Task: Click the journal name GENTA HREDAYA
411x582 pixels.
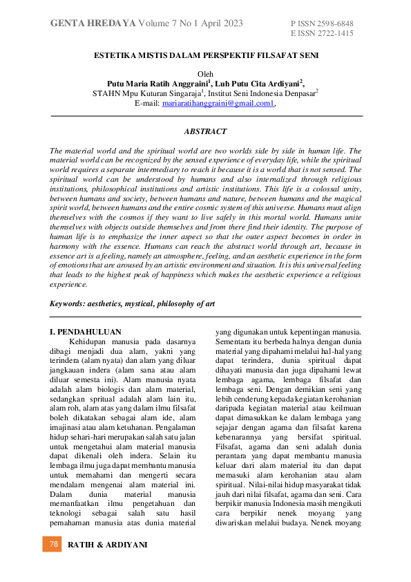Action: pos(93,24)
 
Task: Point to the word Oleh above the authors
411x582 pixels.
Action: pos(206,74)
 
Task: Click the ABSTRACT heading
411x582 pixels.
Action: pos(205,131)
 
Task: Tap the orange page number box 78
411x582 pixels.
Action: pos(52,545)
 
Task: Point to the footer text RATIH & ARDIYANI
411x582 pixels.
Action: pos(107,545)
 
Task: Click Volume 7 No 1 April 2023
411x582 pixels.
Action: pos(191,24)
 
